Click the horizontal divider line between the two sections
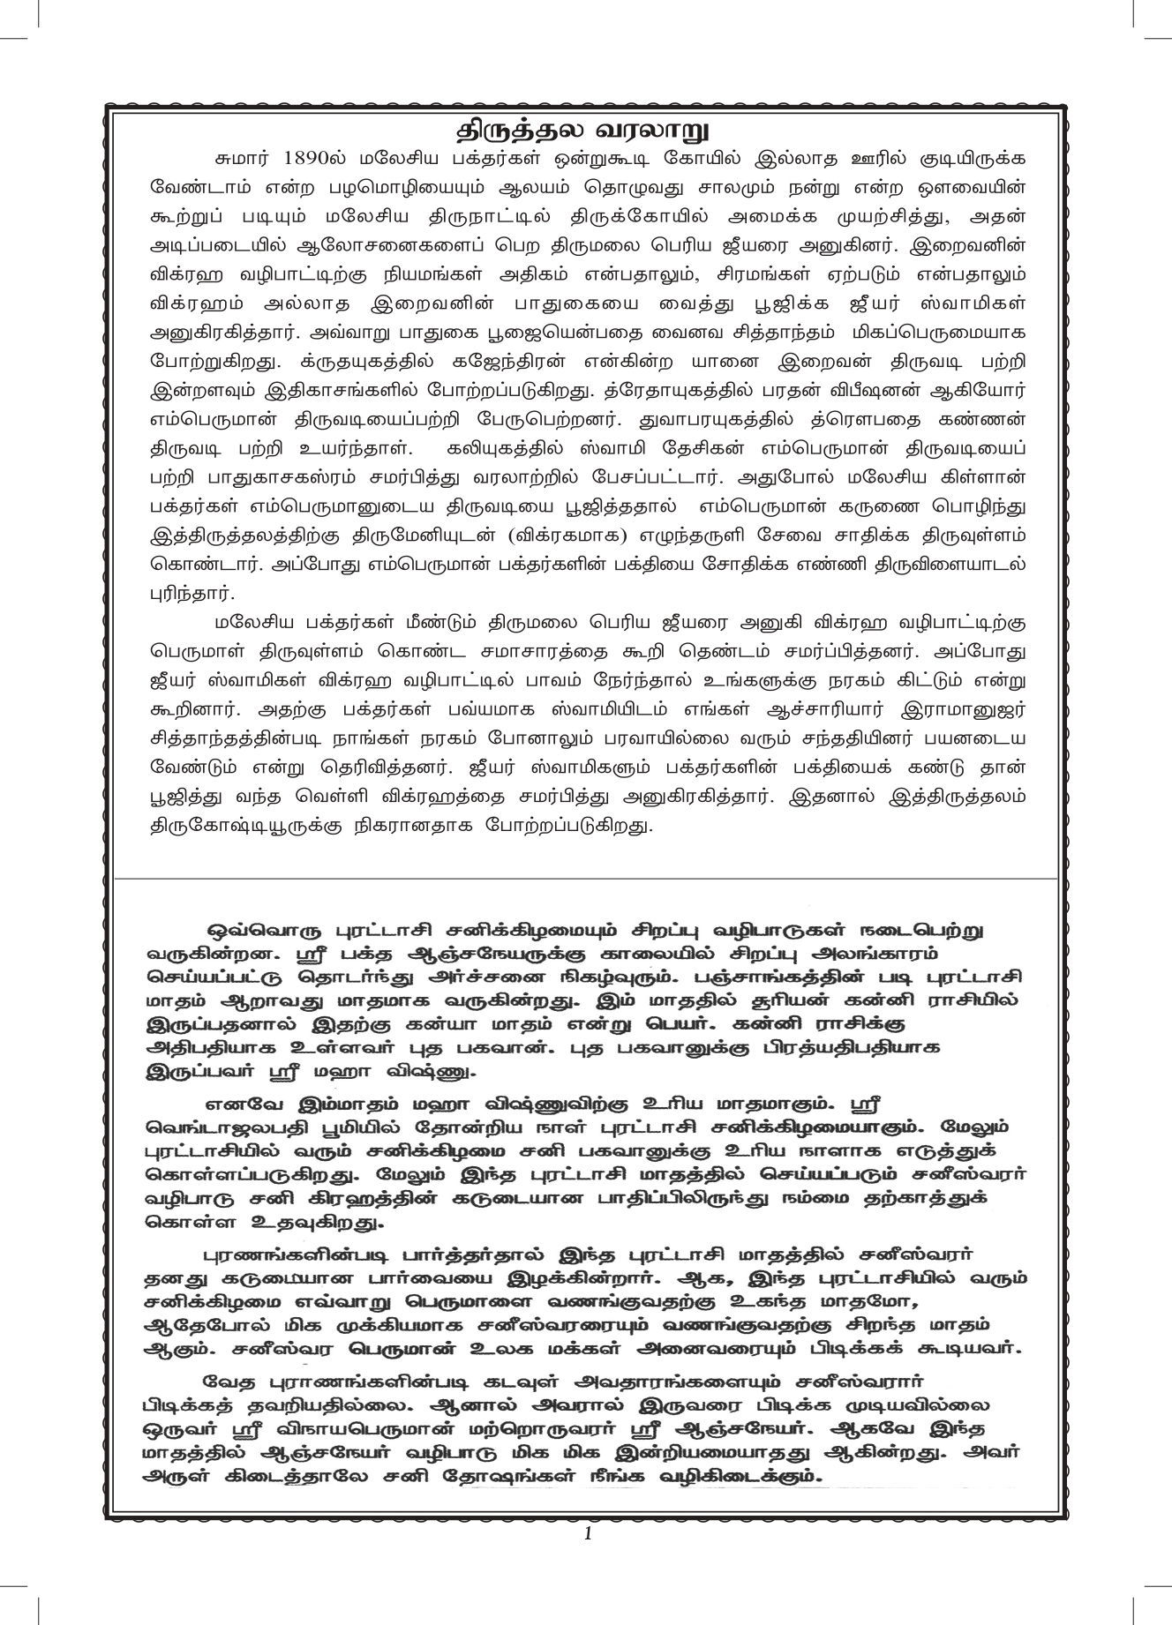click(x=586, y=879)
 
